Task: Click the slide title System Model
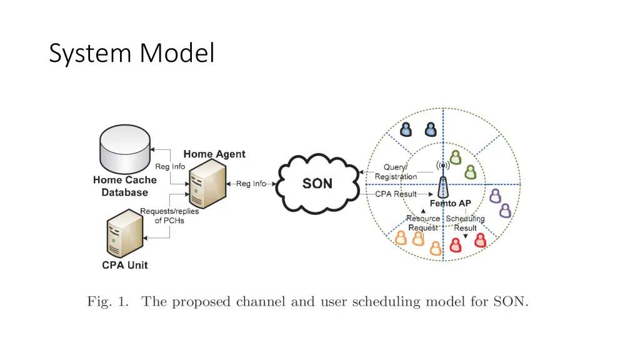131,54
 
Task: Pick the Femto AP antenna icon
443,181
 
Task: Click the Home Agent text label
214,154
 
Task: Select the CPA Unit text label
125,265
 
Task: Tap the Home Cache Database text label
125,186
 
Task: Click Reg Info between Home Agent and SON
251,184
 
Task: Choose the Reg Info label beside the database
170,166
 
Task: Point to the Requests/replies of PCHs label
169,216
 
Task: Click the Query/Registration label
396,172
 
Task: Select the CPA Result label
396,194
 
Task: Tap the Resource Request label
423,223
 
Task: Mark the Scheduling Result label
465,223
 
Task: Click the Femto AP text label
450,204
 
